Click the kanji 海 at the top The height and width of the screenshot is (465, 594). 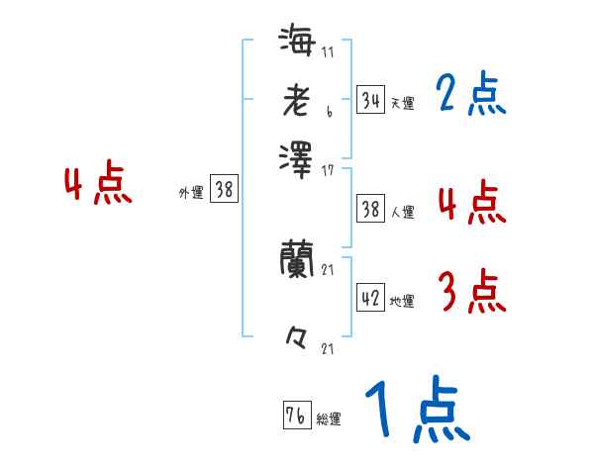tap(298, 44)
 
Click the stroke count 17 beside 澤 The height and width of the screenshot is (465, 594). tap(327, 171)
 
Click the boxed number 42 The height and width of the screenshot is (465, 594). tap(370, 298)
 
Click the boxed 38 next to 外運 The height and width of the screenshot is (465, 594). tap(224, 190)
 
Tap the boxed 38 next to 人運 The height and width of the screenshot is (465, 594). tap(370, 209)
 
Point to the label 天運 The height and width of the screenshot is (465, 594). tap(402, 103)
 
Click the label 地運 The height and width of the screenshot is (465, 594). tap(402, 301)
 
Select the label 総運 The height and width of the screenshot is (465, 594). tap(329, 419)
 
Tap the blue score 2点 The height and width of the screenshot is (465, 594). tap(470, 95)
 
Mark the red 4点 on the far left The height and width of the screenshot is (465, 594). tap(98, 185)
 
